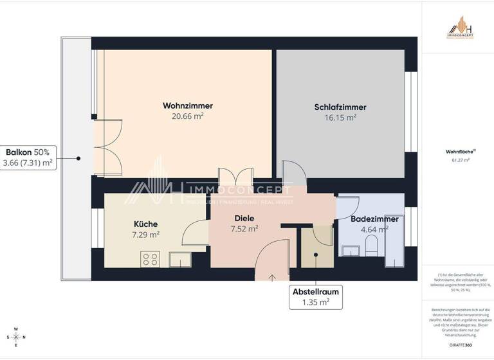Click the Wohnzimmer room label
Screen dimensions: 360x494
point(188,106)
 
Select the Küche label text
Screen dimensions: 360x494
point(147,224)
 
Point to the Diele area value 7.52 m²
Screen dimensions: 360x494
point(244,228)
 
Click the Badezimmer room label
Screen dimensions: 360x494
point(374,219)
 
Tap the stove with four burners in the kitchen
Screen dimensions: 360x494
point(151,259)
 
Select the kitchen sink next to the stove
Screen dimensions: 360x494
point(179,259)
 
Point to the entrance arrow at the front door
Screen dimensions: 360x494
point(272,278)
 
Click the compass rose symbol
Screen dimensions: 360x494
point(16,337)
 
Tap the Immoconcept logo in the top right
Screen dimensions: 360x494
point(460,29)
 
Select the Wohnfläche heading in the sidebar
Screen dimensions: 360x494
point(457,152)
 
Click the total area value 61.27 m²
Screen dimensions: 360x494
point(457,160)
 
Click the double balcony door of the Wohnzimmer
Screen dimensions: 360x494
point(107,147)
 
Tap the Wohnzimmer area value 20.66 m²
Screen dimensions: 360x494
point(188,116)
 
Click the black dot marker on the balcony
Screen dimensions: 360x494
point(78,157)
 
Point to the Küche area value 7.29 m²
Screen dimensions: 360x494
point(147,234)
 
